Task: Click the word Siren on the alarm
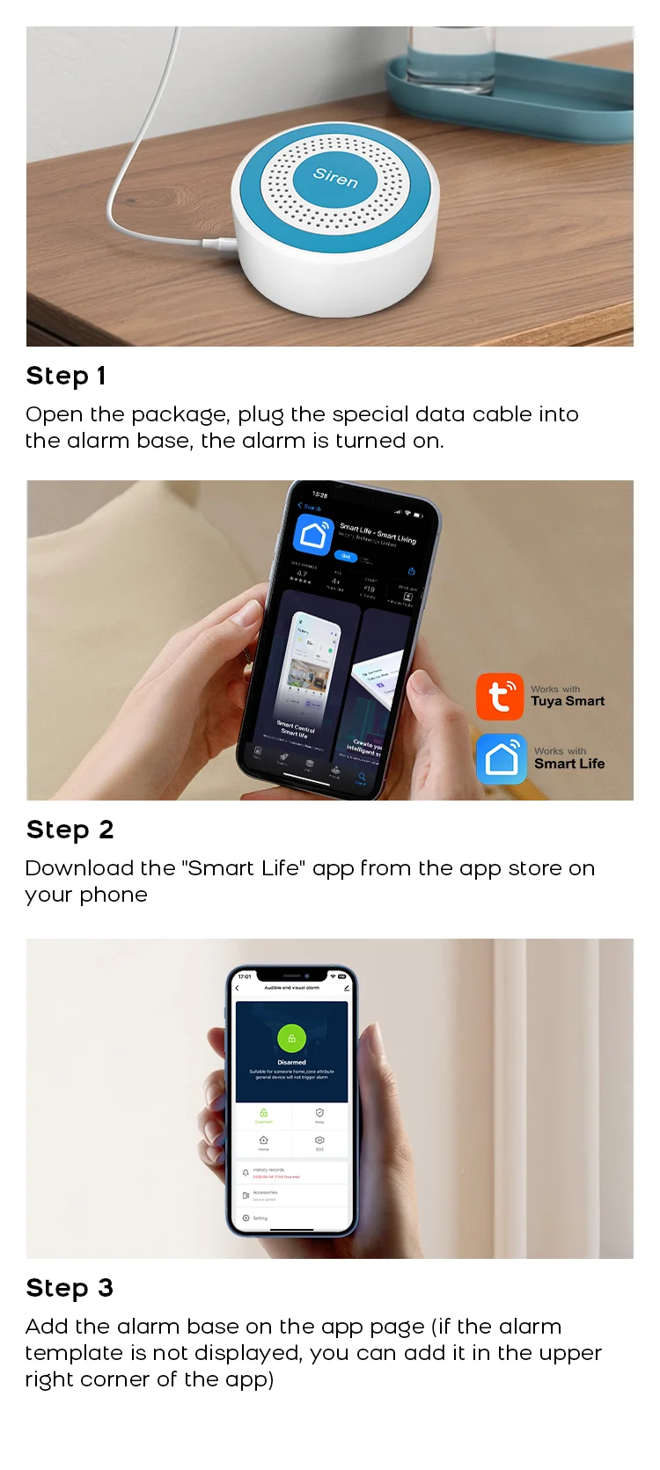pyautogui.click(x=335, y=177)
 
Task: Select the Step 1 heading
pyautogui.click(x=66, y=376)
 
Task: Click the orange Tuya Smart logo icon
pyautogui.click(x=500, y=697)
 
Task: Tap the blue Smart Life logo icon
pyautogui.click(x=502, y=758)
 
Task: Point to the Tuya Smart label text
pyautogui.click(x=568, y=701)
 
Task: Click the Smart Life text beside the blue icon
pyautogui.click(x=569, y=764)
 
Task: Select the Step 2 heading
pyautogui.click(x=70, y=830)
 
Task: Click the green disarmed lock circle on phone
pyautogui.click(x=291, y=1038)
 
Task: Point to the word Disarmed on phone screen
pyautogui.click(x=291, y=1062)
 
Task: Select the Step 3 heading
pyautogui.click(x=70, y=1288)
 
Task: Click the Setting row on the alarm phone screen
pyautogui.click(x=260, y=1218)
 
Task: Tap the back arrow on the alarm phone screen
pyautogui.click(x=237, y=988)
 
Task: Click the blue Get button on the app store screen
pyautogui.click(x=346, y=556)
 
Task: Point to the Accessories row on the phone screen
pyautogui.click(x=265, y=1194)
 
